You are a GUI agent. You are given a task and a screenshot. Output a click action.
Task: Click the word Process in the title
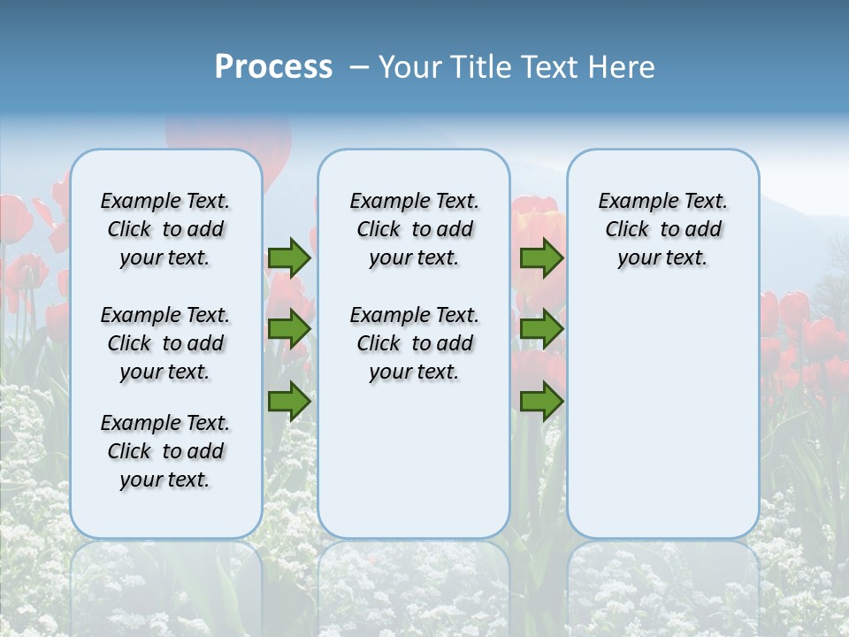[x=273, y=67]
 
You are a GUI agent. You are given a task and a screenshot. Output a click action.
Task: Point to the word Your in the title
[x=411, y=67]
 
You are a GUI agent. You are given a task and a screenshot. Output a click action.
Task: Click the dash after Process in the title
[x=359, y=68]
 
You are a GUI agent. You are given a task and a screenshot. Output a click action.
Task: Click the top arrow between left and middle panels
[x=289, y=257]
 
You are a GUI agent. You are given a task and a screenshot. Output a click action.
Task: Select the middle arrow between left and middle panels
[x=289, y=329]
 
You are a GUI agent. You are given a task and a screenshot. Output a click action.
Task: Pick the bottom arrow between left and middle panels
[x=289, y=401]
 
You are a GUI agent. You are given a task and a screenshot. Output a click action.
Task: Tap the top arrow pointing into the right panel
[x=541, y=257]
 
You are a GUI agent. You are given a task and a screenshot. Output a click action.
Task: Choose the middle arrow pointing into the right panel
[x=541, y=329]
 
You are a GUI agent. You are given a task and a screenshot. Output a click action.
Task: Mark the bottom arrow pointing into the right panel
[x=541, y=401]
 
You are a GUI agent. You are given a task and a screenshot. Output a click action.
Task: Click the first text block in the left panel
[x=165, y=229]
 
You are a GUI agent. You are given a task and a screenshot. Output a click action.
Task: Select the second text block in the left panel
[x=165, y=343]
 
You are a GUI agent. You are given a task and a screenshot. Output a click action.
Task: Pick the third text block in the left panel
[x=165, y=451]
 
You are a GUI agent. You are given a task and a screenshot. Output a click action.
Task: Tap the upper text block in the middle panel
[x=414, y=229]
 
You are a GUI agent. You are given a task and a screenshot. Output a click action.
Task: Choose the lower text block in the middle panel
[x=414, y=343]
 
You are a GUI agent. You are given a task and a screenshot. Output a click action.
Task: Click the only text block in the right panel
[x=662, y=229]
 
